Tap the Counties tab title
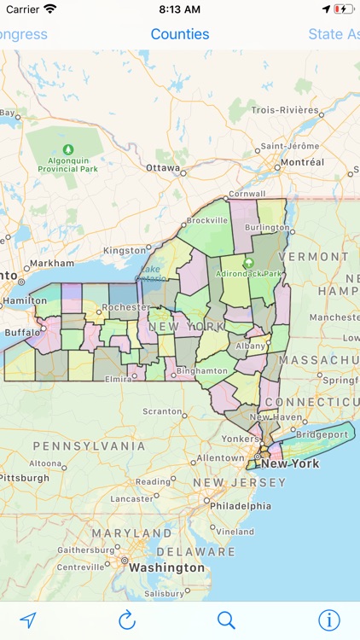click(x=180, y=34)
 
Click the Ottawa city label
click(x=163, y=168)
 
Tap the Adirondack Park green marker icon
click(x=249, y=264)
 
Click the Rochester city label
click(x=125, y=307)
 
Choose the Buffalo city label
click(x=22, y=332)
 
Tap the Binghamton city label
click(x=203, y=371)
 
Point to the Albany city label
click(x=250, y=346)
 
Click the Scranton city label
click(x=162, y=411)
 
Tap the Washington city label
click(x=167, y=567)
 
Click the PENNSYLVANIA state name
click(x=89, y=445)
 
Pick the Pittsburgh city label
click(x=24, y=478)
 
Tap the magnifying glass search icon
click(x=226, y=620)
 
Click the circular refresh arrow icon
click(x=127, y=620)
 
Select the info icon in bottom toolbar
click(x=328, y=620)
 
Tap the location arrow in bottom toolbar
click(x=28, y=620)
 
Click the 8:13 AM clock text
click(x=180, y=9)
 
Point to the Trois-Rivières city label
click(x=285, y=111)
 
